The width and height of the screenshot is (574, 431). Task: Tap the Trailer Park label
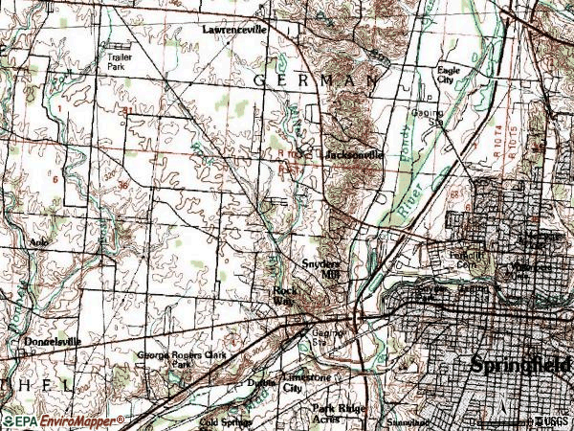pos(120,62)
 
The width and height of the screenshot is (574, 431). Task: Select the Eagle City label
pos(449,76)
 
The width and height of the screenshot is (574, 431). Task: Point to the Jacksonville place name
pos(354,154)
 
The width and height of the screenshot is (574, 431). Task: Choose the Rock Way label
pos(283,295)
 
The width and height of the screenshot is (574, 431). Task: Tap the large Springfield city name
pos(520,365)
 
